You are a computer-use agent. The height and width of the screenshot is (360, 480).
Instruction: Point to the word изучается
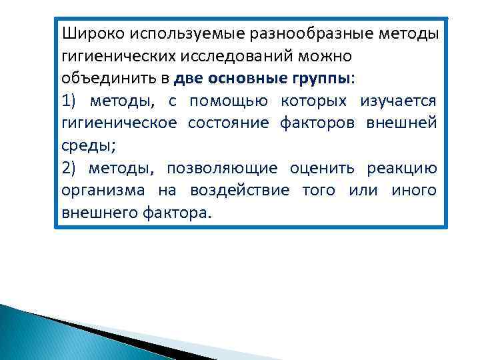point(399,101)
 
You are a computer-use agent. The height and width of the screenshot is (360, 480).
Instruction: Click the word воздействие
point(240,191)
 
